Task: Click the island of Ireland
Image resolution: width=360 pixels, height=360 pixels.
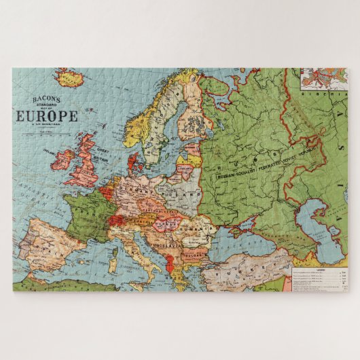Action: (62, 160)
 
